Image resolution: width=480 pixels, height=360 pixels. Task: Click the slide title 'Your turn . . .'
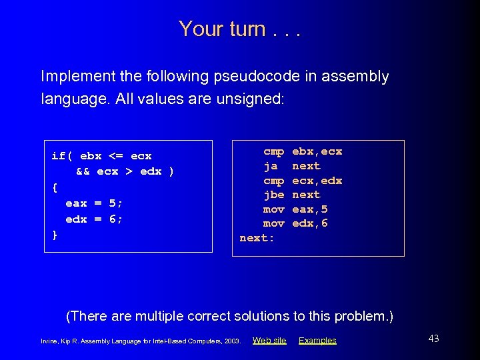[240, 29]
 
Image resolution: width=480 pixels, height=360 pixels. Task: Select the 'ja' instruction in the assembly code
[271, 166]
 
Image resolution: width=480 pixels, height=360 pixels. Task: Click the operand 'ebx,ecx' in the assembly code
[317, 151]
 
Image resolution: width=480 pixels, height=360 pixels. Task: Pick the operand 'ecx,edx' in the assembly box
[317, 181]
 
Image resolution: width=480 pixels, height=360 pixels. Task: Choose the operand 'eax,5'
[310, 209]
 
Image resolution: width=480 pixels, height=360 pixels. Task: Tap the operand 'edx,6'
[310, 223]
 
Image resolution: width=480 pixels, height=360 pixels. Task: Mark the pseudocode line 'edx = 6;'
[94, 219]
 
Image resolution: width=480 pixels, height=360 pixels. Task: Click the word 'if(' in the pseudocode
[62, 156]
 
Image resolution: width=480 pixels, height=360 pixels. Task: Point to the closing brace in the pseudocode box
[55, 235]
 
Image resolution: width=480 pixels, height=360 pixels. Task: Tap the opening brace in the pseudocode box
[55, 187]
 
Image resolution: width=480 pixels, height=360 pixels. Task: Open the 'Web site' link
[269, 341]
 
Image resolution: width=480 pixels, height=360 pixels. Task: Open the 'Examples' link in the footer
[317, 341]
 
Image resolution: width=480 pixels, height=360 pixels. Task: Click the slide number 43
[433, 339]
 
